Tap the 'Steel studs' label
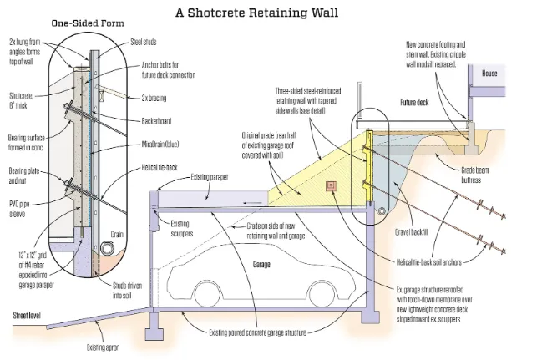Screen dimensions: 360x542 144,42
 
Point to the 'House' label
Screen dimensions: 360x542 489,74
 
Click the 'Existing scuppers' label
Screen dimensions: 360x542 181,228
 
